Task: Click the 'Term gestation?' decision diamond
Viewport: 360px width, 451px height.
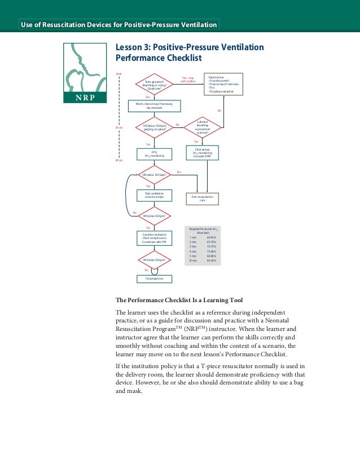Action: click(x=154, y=85)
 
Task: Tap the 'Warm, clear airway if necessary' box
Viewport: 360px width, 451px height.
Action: click(x=154, y=106)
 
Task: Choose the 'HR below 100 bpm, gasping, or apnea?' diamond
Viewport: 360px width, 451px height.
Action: click(x=154, y=127)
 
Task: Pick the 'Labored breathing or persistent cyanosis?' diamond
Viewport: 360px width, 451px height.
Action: click(x=202, y=127)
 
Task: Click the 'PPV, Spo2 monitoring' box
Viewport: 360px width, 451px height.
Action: click(x=154, y=154)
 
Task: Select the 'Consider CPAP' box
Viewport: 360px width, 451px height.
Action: click(x=202, y=152)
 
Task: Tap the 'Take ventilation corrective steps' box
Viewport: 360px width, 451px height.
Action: click(x=154, y=195)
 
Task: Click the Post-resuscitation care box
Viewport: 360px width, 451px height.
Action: click(x=202, y=198)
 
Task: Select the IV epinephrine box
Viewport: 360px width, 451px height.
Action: click(x=154, y=278)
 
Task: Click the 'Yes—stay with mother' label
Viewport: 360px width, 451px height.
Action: click(x=188, y=79)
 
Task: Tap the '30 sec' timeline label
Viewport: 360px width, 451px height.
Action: click(x=118, y=127)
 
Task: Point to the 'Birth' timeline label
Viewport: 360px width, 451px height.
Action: click(x=118, y=74)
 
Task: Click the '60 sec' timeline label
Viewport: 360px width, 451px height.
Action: click(x=118, y=160)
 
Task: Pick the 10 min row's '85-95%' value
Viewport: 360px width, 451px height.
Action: click(x=212, y=260)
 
